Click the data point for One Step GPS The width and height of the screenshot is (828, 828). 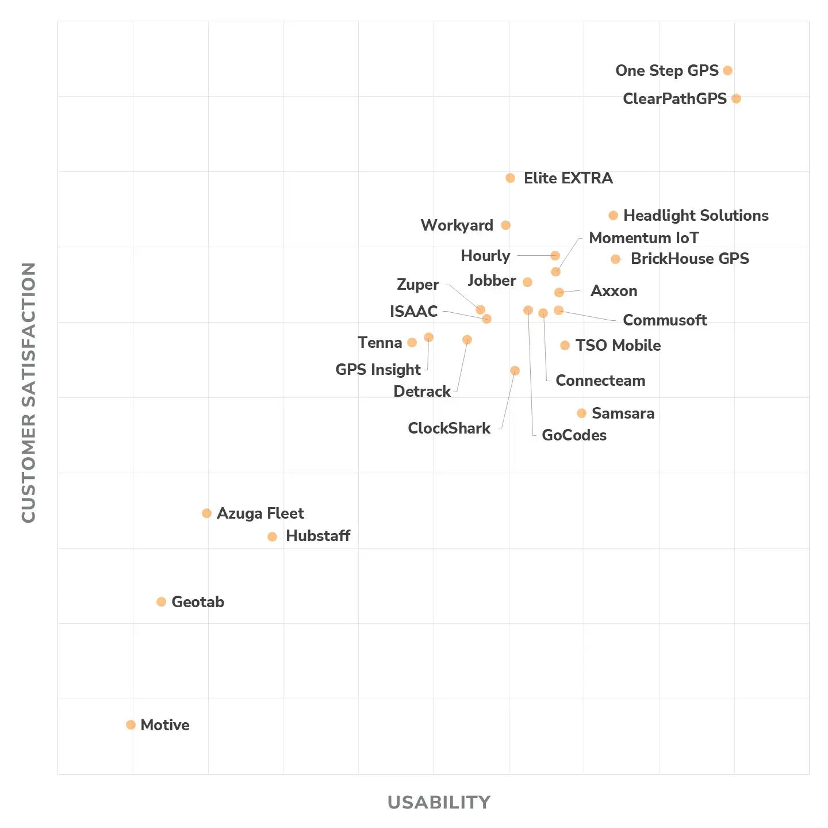coord(727,71)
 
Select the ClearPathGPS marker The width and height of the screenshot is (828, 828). coord(736,99)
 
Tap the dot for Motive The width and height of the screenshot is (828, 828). coord(131,724)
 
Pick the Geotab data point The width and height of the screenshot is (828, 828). coord(161,601)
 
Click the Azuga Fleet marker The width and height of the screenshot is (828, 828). coord(206,513)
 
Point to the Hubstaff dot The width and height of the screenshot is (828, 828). coord(273,536)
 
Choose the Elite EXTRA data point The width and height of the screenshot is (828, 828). coord(510,178)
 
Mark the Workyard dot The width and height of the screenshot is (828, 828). coord(505,225)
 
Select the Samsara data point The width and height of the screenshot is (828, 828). coord(581,413)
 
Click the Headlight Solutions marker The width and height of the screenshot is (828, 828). coord(613,216)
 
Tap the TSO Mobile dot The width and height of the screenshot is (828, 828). coord(565,345)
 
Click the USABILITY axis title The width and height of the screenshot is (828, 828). coord(439,802)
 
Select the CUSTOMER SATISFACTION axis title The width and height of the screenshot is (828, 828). coord(29,392)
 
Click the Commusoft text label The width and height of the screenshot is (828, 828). coord(665,320)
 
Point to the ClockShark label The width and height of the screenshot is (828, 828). coord(449,428)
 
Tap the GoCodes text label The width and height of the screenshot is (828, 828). coord(574,435)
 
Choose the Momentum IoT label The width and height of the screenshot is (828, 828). coord(644,238)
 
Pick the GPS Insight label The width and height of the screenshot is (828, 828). coord(378,370)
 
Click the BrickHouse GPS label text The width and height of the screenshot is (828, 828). coord(690,259)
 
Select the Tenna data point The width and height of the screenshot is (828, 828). coord(412,343)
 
